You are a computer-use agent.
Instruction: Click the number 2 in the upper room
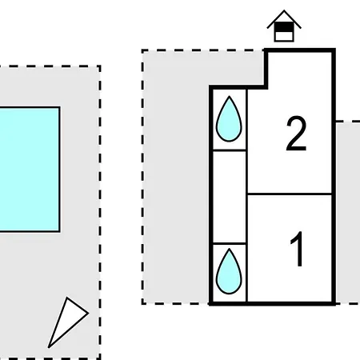pyautogui.click(x=296, y=134)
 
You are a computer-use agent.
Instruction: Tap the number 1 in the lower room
pyautogui.click(x=297, y=249)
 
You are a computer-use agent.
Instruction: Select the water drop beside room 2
pyautogui.click(x=229, y=119)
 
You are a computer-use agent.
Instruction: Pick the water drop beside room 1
pyautogui.click(x=229, y=271)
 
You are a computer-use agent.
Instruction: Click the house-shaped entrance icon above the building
pyautogui.click(x=284, y=26)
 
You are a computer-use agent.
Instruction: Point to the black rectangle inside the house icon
pyautogui.click(x=284, y=27)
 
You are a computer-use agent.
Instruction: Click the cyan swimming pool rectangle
pyautogui.click(x=30, y=170)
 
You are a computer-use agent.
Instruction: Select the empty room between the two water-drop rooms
pyautogui.click(x=230, y=197)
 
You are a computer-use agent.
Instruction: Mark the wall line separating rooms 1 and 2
pyautogui.click(x=290, y=194)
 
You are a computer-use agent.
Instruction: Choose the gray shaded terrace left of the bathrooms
pyautogui.click(x=176, y=186)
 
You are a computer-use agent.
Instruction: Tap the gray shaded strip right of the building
pyautogui.click(x=348, y=213)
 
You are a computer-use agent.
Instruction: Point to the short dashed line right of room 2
pyautogui.click(x=348, y=122)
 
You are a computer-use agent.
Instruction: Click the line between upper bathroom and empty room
pyautogui.click(x=230, y=150)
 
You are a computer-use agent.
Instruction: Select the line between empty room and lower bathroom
pyautogui.click(x=230, y=243)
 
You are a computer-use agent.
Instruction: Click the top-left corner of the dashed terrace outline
pyautogui.click(x=143, y=50)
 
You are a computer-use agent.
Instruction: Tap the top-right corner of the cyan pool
pyautogui.click(x=60, y=107)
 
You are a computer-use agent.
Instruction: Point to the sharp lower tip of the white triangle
pyautogui.click(x=49, y=347)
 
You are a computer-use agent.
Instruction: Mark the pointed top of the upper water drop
pyautogui.click(x=229, y=97)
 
